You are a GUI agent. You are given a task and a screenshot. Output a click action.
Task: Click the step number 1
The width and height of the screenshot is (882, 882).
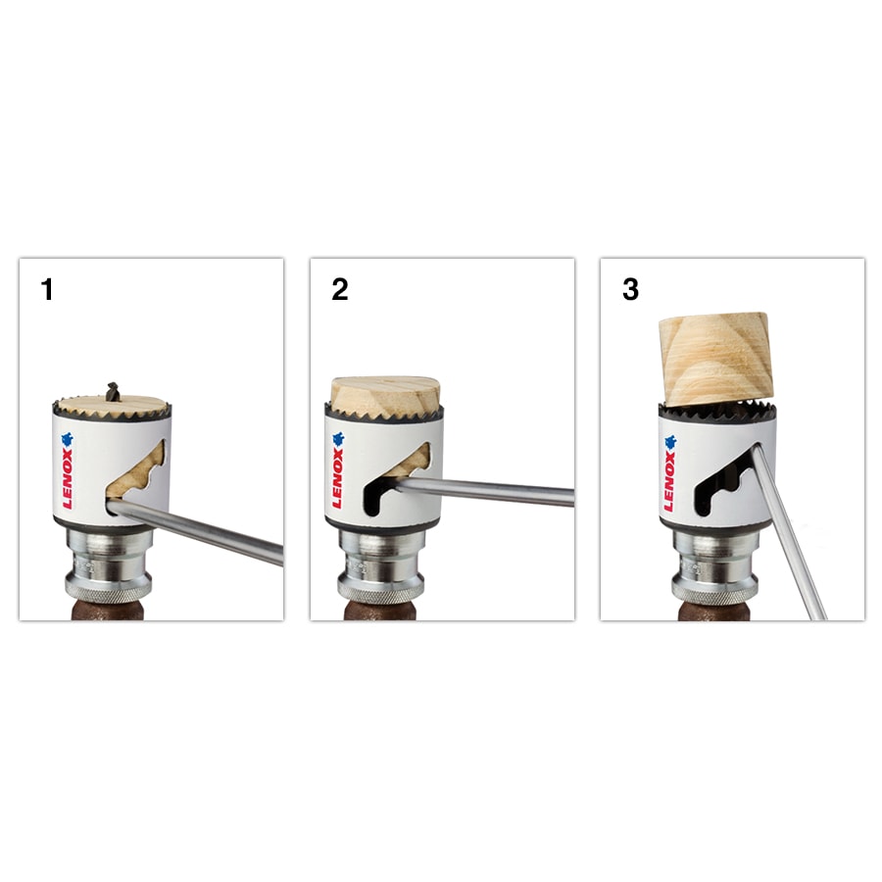(x=46, y=290)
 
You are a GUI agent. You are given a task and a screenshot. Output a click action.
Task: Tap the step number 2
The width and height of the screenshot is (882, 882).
(x=339, y=290)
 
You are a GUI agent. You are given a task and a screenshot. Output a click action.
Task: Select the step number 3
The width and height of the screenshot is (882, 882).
(x=630, y=290)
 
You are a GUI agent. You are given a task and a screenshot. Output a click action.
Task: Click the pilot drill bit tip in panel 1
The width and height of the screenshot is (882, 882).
(x=111, y=392)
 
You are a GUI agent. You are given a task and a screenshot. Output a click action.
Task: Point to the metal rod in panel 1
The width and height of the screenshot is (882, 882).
(x=206, y=535)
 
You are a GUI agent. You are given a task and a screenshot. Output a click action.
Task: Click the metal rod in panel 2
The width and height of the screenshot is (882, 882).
(x=490, y=490)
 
